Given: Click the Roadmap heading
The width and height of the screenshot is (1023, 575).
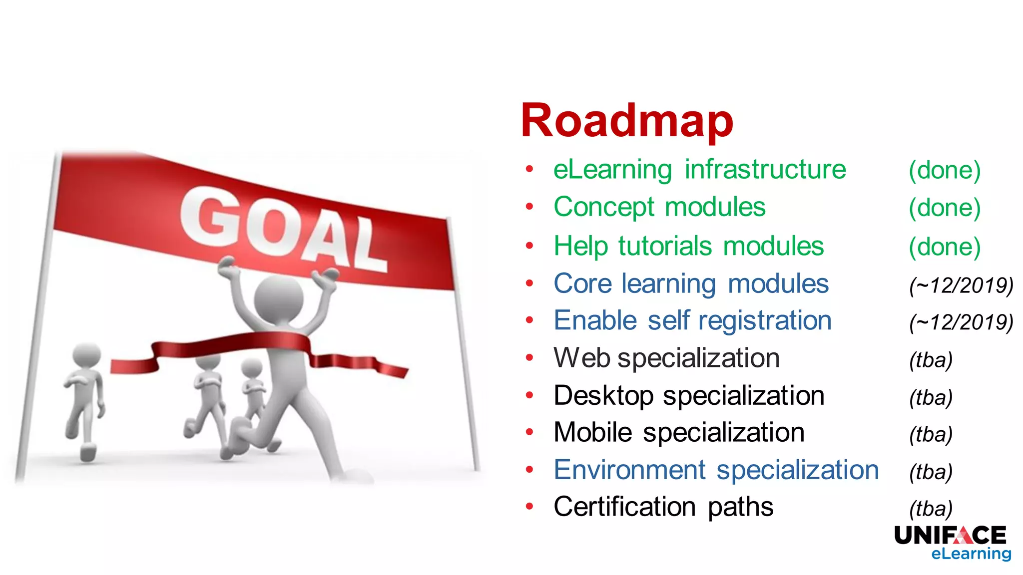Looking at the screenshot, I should pyautogui.click(x=626, y=121).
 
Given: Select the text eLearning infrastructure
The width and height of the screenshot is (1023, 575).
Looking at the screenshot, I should pyautogui.click(x=699, y=170).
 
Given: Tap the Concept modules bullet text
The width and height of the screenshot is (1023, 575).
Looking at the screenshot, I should pyautogui.click(x=659, y=207).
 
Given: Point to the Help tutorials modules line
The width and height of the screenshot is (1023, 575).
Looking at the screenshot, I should pyautogui.click(x=688, y=246).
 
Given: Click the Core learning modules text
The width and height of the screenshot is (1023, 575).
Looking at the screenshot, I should pyautogui.click(x=691, y=284).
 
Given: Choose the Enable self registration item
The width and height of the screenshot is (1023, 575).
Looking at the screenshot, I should pyautogui.click(x=692, y=320).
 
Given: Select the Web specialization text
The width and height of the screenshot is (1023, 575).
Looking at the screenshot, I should pyautogui.click(x=666, y=358).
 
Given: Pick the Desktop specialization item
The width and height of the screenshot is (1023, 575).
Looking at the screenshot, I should pyautogui.click(x=689, y=396).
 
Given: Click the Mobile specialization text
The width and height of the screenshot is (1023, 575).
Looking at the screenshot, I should pyautogui.click(x=679, y=433).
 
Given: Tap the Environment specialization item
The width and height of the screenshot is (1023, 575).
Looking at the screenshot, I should pyautogui.click(x=716, y=470).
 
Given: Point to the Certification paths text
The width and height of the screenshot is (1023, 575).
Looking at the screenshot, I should pyautogui.click(x=663, y=507).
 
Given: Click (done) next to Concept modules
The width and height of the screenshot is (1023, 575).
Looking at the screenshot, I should pyautogui.click(x=944, y=208).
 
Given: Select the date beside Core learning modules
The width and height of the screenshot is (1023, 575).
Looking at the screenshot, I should pyautogui.click(x=961, y=286).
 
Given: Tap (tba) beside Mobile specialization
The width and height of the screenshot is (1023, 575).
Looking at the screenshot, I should pyautogui.click(x=931, y=434).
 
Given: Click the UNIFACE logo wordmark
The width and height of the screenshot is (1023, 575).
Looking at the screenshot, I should pyautogui.click(x=950, y=536).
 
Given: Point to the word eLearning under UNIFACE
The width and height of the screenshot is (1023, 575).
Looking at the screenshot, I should pyautogui.click(x=971, y=554).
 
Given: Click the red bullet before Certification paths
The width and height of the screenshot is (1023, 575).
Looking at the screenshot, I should pyautogui.click(x=529, y=507).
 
